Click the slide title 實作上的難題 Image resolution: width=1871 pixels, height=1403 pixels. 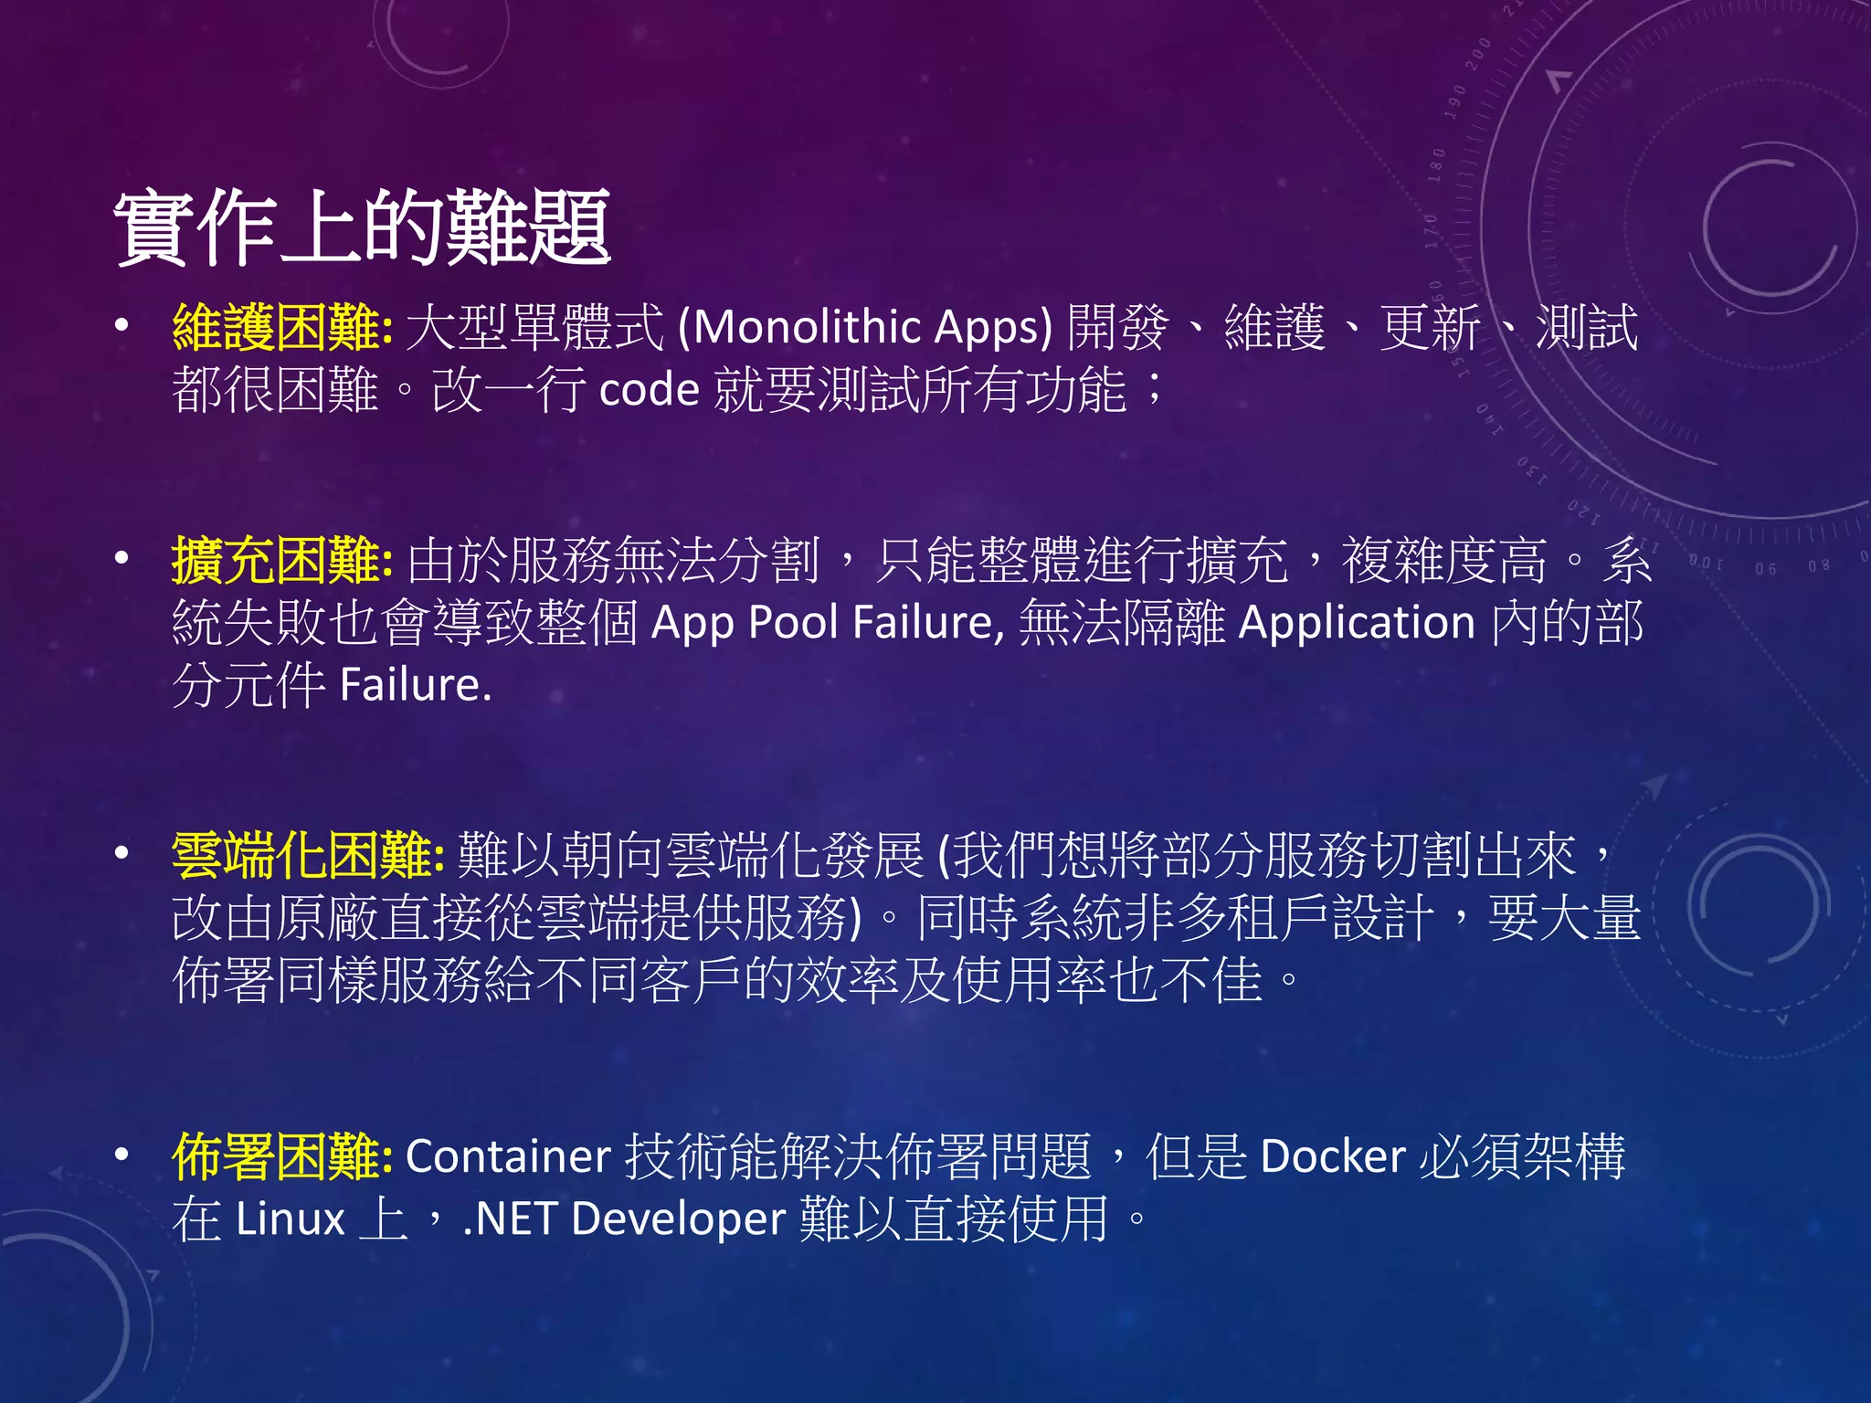click(x=362, y=228)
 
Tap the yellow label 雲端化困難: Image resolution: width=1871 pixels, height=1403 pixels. click(x=308, y=856)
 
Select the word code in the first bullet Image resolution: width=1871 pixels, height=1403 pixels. click(x=649, y=390)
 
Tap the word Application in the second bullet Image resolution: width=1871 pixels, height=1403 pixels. click(x=1357, y=623)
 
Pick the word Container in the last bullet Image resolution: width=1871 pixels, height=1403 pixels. click(x=508, y=1156)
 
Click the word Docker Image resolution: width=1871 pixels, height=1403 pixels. click(x=1332, y=1156)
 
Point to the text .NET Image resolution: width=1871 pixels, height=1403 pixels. click(x=510, y=1218)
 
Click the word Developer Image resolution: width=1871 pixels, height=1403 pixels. click(x=678, y=1218)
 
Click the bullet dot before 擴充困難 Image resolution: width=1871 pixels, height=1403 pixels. click(x=122, y=558)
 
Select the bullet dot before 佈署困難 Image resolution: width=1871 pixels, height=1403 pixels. click(x=122, y=1155)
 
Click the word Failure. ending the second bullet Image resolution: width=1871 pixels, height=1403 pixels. click(x=416, y=685)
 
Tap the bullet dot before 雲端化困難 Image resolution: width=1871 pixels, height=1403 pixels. click(x=122, y=854)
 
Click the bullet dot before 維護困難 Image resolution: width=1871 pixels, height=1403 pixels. click(x=122, y=326)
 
